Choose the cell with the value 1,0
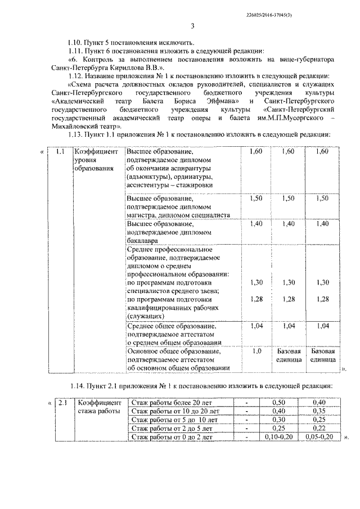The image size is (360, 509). [256, 351]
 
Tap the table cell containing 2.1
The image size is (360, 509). [64, 403]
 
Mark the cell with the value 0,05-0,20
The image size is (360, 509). [319, 436]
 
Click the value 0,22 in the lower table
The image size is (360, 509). [319, 428]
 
